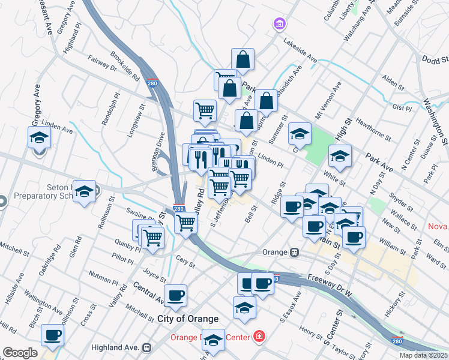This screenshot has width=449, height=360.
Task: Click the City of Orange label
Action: pyautogui.click(x=188, y=319)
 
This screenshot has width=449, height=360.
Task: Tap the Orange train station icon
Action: pyautogui.click(x=295, y=252)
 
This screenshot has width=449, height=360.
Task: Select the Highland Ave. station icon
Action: pyautogui.click(x=146, y=347)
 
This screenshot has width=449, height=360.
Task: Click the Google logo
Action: pyautogui.click(x=20, y=352)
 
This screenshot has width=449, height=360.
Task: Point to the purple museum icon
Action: pyautogui.click(x=279, y=24)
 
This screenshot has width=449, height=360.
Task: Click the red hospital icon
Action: pyautogui.click(x=259, y=336)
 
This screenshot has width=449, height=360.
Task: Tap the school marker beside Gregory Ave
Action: pyautogui.click(x=39, y=137)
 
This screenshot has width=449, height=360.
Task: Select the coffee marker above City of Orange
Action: pyautogui.click(x=175, y=295)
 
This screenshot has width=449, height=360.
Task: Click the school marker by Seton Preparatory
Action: pyautogui.click(x=84, y=191)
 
